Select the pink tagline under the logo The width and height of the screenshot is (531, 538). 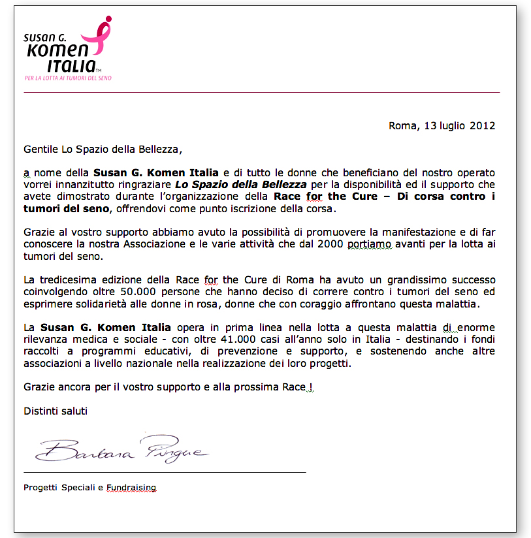[68, 78]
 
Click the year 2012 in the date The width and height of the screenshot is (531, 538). [483, 125]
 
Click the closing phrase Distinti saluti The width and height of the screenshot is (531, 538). [56, 411]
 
